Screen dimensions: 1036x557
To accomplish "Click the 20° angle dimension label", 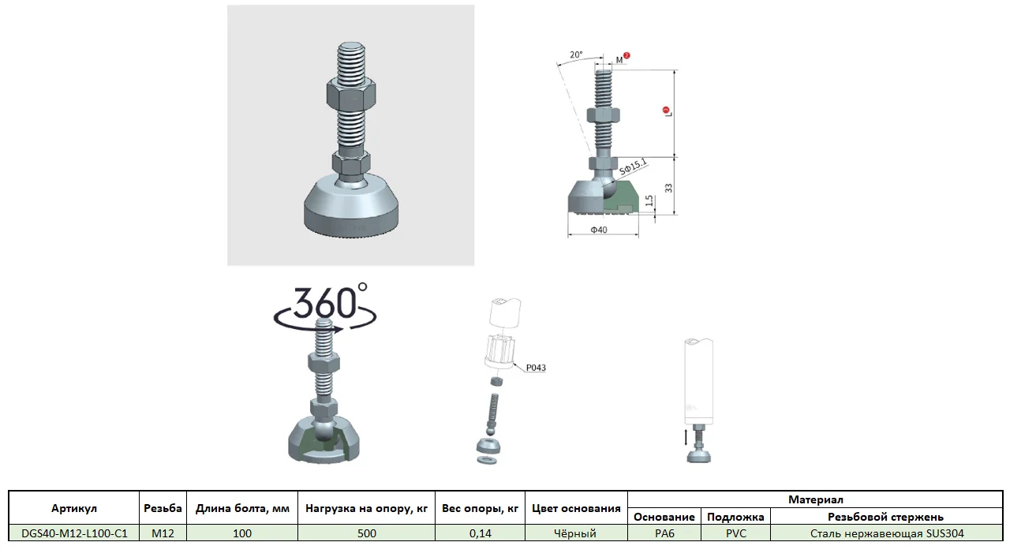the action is click(576, 54).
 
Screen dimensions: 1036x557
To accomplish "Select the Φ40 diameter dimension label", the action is click(599, 230).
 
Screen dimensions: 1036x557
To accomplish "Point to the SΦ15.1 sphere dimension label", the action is click(633, 167).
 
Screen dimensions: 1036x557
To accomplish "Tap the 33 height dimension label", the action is click(668, 188).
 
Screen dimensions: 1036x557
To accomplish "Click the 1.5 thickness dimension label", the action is click(649, 200).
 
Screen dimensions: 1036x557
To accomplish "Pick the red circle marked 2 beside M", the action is click(626, 55).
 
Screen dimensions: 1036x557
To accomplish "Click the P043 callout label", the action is click(536, 368).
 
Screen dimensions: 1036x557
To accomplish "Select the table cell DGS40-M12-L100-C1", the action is click(74, 533).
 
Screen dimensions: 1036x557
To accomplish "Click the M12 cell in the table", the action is click(163, 533).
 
